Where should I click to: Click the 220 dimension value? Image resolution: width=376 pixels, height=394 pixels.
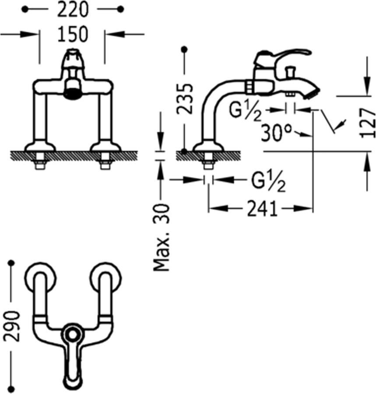(x=73, y=10)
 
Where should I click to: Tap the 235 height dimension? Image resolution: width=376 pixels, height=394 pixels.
(x=185, y=99)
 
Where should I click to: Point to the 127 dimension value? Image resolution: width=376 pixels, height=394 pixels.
(x=368, y=123)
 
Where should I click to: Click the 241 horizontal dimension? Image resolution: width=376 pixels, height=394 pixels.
(x=263, y=209)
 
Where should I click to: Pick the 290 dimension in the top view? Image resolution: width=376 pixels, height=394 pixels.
(x=12, y=326)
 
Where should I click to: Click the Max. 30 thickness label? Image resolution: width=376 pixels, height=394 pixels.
(x=162, y=237)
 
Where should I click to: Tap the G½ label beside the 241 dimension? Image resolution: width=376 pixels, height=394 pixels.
(x=268, y=181)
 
